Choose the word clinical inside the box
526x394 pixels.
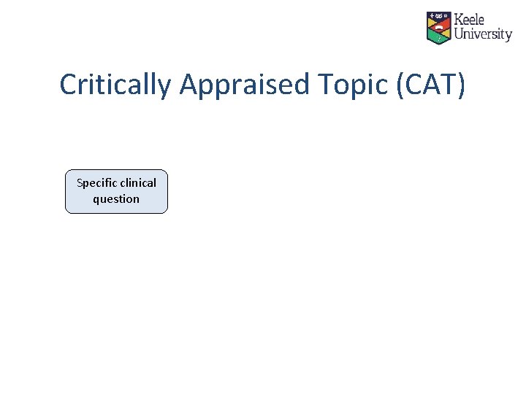coord(139,182)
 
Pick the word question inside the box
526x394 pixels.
coord(116,198)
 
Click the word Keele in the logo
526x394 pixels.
coord(470,20)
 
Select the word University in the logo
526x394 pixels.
coord(483,34)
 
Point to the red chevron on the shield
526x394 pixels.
coord(438,26)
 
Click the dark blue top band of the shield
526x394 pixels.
coord(438,15)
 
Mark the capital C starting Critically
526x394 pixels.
coord(68,85)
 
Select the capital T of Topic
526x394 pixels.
coord(325,85)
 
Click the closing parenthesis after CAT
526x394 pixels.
coord(461,85)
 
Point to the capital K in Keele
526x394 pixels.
coord(458,20)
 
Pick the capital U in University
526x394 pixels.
coord(460,34)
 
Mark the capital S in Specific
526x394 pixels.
coord(80,182)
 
